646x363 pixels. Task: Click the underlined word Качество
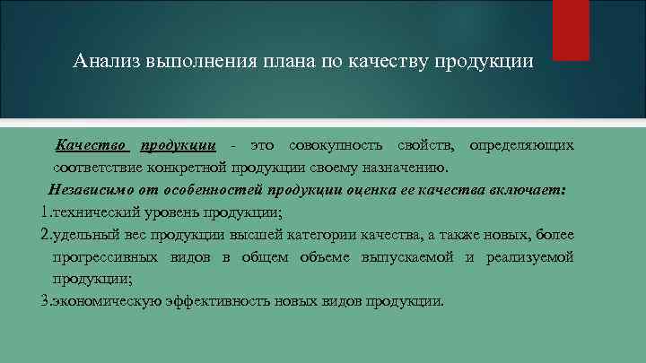[93, 145]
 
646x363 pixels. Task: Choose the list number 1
[45, 212]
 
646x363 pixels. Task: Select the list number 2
[45, 235]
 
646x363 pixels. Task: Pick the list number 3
[45, 301]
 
